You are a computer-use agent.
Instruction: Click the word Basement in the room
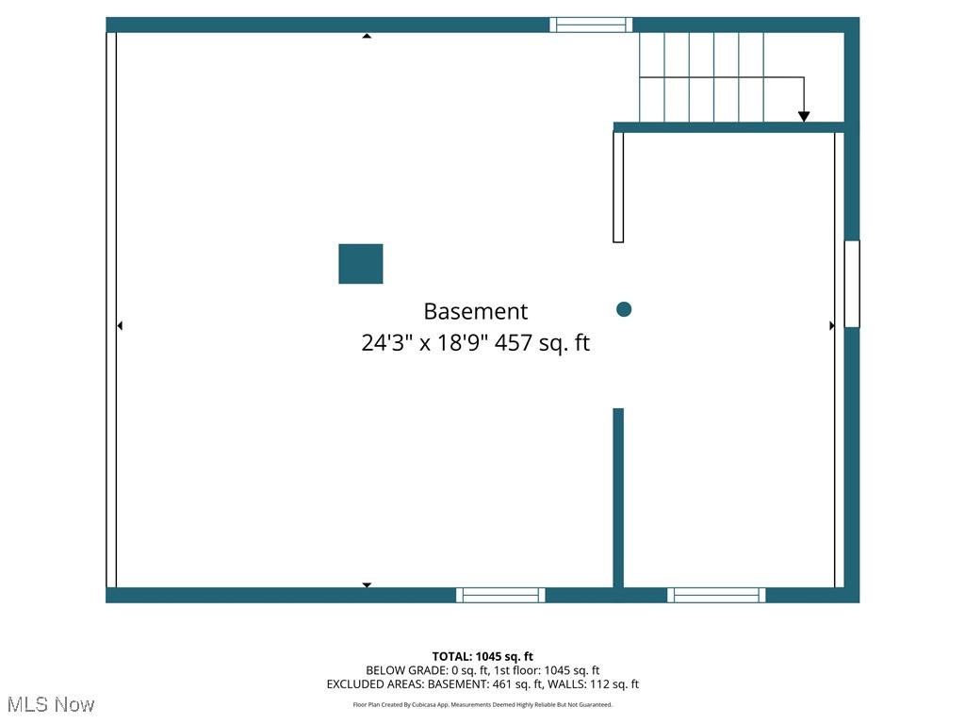point(475,311)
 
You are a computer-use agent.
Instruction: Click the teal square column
point(361,264)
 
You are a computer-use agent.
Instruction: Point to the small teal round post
point(624,309)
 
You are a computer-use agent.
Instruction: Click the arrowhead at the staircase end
point(804,116)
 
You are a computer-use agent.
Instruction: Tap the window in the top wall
point(591,25)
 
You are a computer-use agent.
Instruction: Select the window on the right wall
point(852,284)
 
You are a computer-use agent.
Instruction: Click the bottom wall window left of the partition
point(500,595)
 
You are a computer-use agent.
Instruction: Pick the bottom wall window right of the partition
point(716,595)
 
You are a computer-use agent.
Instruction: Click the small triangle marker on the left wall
point(120,326)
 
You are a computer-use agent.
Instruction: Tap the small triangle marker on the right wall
point(831,326)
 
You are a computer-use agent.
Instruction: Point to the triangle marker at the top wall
point(367,36)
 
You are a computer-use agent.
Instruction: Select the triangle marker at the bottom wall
point(367,584)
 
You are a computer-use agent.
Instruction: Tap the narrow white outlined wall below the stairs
point(618,187)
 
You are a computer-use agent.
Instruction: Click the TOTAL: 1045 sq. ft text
point(482,656)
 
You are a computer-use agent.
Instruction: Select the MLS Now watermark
point(51,704)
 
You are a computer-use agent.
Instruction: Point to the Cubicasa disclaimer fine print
point(482,705)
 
